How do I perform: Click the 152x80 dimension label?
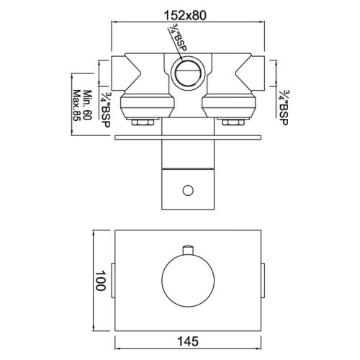185,16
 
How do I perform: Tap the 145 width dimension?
188,341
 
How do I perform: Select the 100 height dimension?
100,281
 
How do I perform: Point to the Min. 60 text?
88,105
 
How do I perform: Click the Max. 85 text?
76,106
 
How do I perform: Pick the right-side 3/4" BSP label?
283,107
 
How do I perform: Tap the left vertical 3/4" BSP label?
105,110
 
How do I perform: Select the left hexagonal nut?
143,122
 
